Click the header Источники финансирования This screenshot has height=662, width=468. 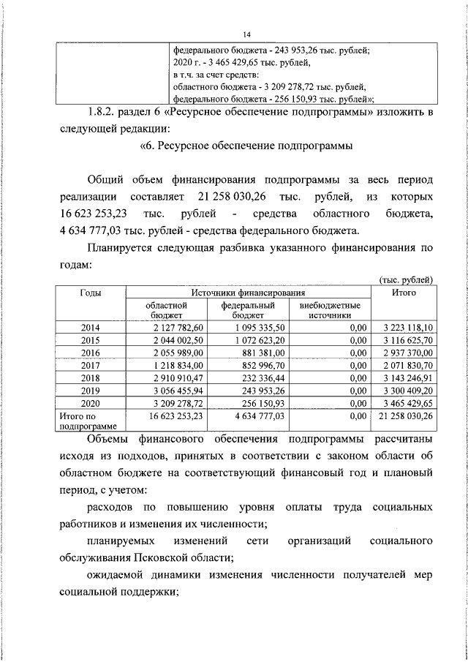click(249, 293)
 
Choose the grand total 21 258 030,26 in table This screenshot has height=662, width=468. click(403, 415)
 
